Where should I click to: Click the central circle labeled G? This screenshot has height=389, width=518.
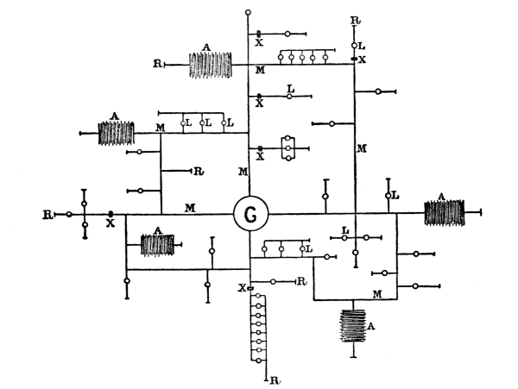250,214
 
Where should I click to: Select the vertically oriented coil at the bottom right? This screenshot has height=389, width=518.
353,328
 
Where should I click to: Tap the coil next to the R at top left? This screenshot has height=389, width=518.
210,64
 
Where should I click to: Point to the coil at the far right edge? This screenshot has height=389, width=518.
445,212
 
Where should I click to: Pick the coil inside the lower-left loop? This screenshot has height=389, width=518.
157,244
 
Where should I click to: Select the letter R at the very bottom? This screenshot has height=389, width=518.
274,380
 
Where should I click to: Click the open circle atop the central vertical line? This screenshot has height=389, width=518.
250,13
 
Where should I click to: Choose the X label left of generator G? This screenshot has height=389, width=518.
111,223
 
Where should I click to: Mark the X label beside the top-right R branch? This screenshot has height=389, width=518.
363,60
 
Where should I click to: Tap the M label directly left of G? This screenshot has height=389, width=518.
188,206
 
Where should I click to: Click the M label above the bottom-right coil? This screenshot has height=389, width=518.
377,293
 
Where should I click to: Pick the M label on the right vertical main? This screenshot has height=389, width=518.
363,149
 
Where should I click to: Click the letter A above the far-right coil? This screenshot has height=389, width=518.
443,197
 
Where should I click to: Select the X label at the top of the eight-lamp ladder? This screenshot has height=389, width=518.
243,287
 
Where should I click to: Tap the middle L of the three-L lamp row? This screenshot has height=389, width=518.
208,124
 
